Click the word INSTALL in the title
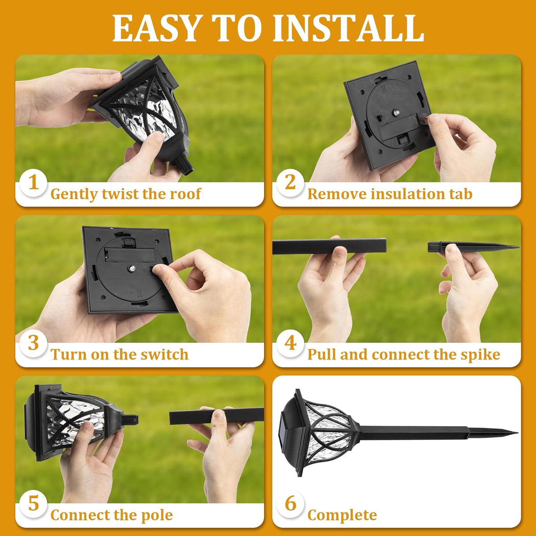pyautogui.click(x=348, y=29)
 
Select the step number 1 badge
pyautogui.click(x=33, y=183)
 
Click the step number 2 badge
pyautogui.click(x=290, y=183)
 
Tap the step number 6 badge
pyautogui.click(x=290, y=504)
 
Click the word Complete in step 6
pyautogui.click(x=342, y=515)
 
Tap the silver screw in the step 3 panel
pyautogui.click(x=132, y=268)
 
